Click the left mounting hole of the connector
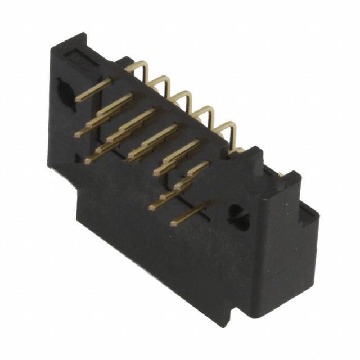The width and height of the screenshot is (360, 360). point(66,92)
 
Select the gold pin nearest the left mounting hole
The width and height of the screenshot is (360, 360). point(93,89)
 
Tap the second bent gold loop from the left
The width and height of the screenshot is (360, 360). point(161,83)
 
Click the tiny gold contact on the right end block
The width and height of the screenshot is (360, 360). point(279,175)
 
